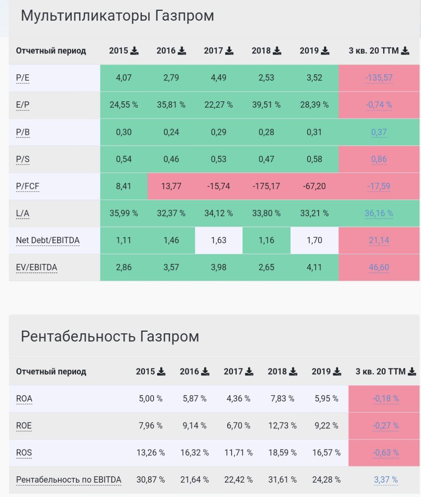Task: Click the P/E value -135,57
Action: tap(379, 78)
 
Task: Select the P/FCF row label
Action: tap(28, 186)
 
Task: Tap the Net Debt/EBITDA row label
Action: tap(48, 241)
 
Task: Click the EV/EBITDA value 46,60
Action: tap(379, 267)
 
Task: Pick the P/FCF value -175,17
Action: tap(266, 186)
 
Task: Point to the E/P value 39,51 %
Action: tap(266, 105)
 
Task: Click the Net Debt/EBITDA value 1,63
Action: tap(218, 241)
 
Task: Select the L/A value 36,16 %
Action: tap(379, 213)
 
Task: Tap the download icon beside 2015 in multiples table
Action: tap(134, 51)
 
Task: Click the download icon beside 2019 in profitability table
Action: tap(337, 371)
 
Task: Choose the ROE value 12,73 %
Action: tap(282, 426)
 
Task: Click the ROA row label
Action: tap(24, 399)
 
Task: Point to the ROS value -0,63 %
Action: tap(386, 453)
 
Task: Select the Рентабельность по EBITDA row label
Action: tap(69, 480)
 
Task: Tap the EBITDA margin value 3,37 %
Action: tap(386, 480)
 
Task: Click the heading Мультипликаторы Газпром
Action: tap(117, 16)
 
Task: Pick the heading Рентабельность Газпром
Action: tap(110, 336)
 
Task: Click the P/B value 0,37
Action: tap(379, 132)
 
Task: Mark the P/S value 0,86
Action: tap(379, 159)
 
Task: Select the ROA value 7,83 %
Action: tap(282, 399)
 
